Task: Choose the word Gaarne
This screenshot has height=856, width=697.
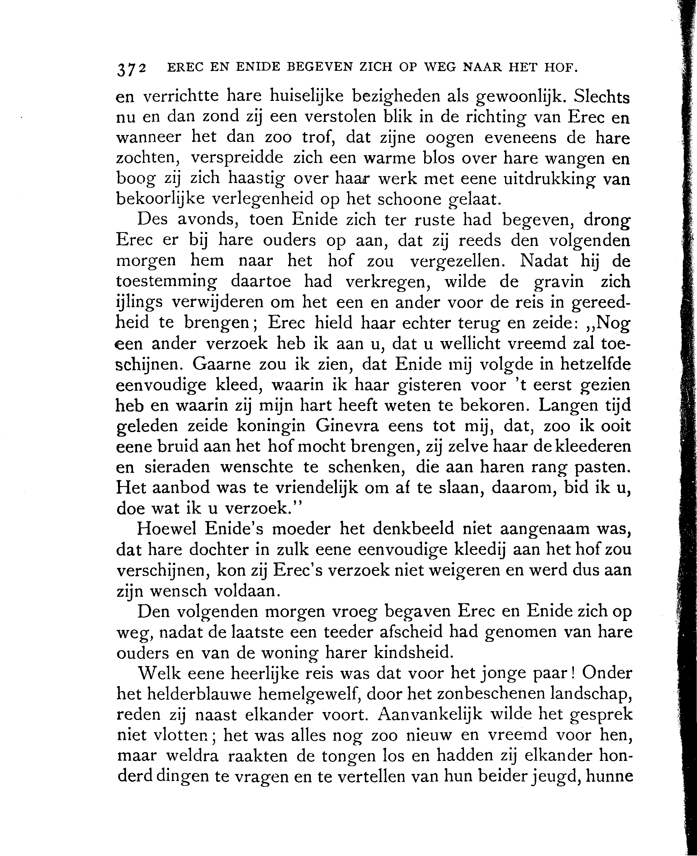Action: coord(221,364)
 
